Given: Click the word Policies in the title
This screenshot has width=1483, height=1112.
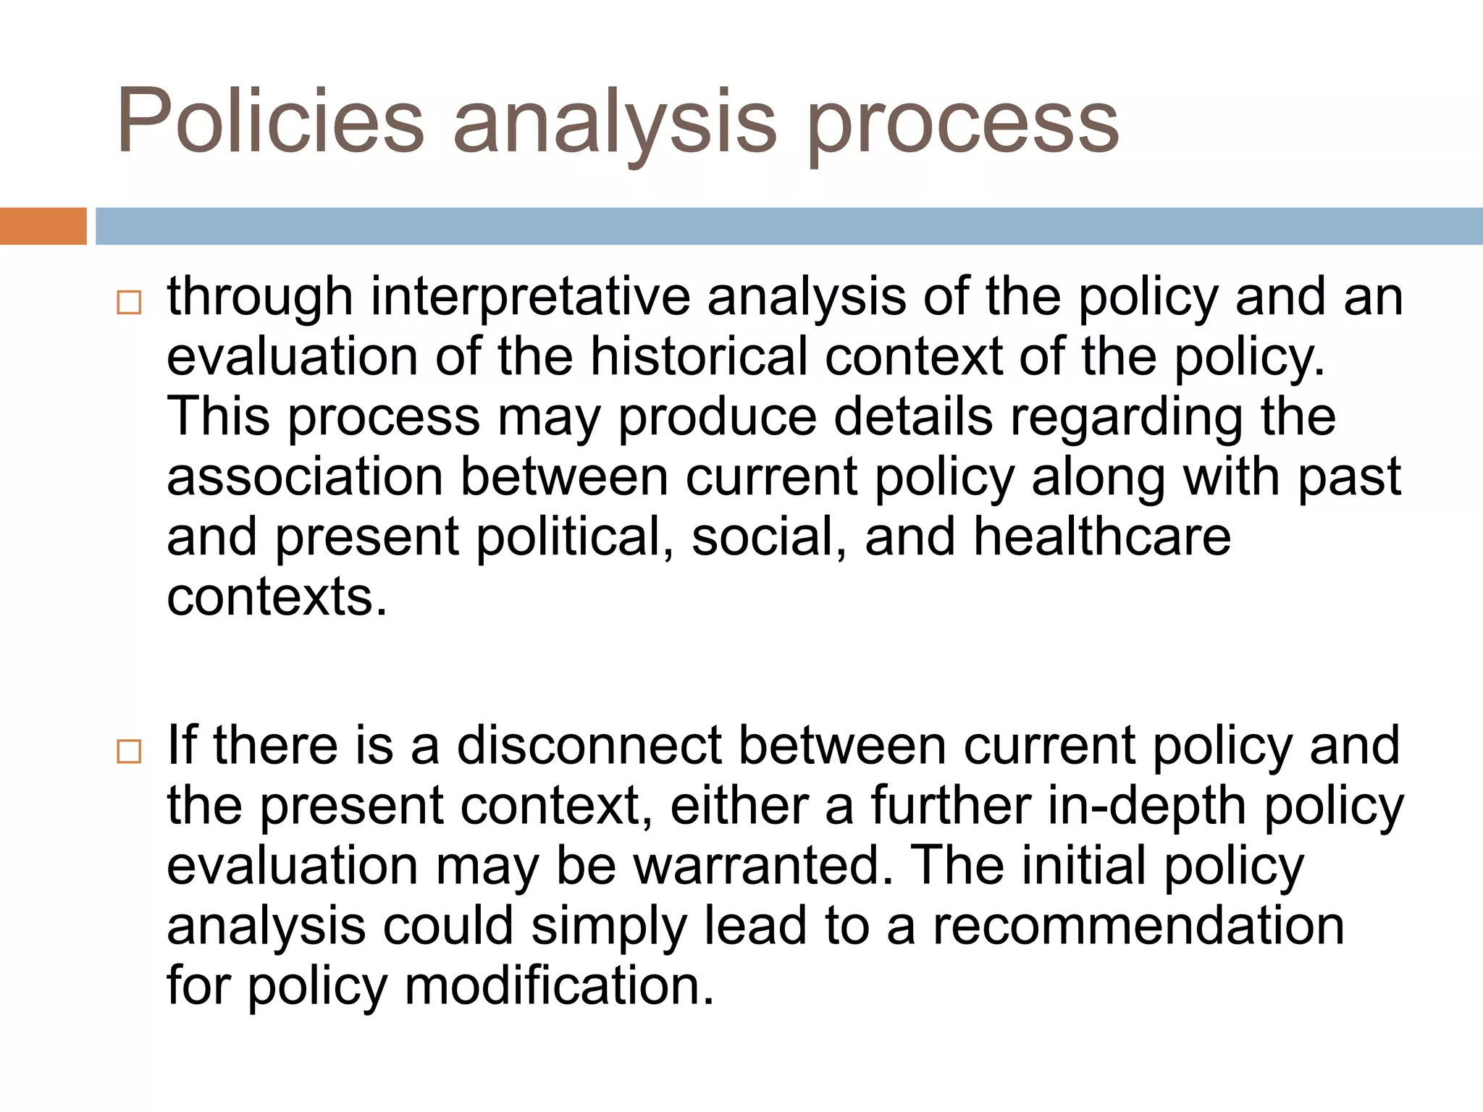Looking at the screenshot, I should pos(270,121).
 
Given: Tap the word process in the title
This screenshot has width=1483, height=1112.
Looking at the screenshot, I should pos(963,125).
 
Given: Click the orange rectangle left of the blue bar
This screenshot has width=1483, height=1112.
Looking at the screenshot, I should pos(43,226).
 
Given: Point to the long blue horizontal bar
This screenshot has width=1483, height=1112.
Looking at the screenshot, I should pos(789,226).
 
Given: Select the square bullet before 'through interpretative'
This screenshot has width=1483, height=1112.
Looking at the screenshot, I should pos(129,302).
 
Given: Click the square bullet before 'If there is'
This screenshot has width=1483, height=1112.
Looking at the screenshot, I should pos(129,751).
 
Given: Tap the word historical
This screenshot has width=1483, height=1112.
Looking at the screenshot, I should pos(699,356).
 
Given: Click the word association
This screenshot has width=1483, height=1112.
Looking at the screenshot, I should pos(305,477).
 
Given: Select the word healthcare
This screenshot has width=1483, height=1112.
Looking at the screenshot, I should pos(1101,537).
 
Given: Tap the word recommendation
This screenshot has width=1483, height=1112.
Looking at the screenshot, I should pos(1138,926).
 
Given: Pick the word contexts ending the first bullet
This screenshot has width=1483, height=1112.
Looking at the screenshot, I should pos(277,597).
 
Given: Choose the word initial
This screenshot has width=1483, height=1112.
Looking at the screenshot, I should pos(1083,866).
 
